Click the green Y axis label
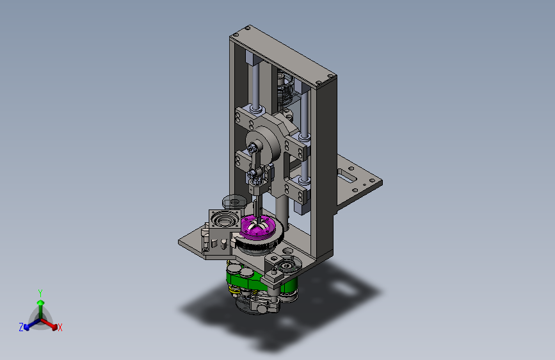(40, 293)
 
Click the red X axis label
(60, 327)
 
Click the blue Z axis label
(21, 327)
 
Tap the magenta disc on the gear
(257, 227)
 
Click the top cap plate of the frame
(283, 55)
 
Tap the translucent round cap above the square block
(234, 202)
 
